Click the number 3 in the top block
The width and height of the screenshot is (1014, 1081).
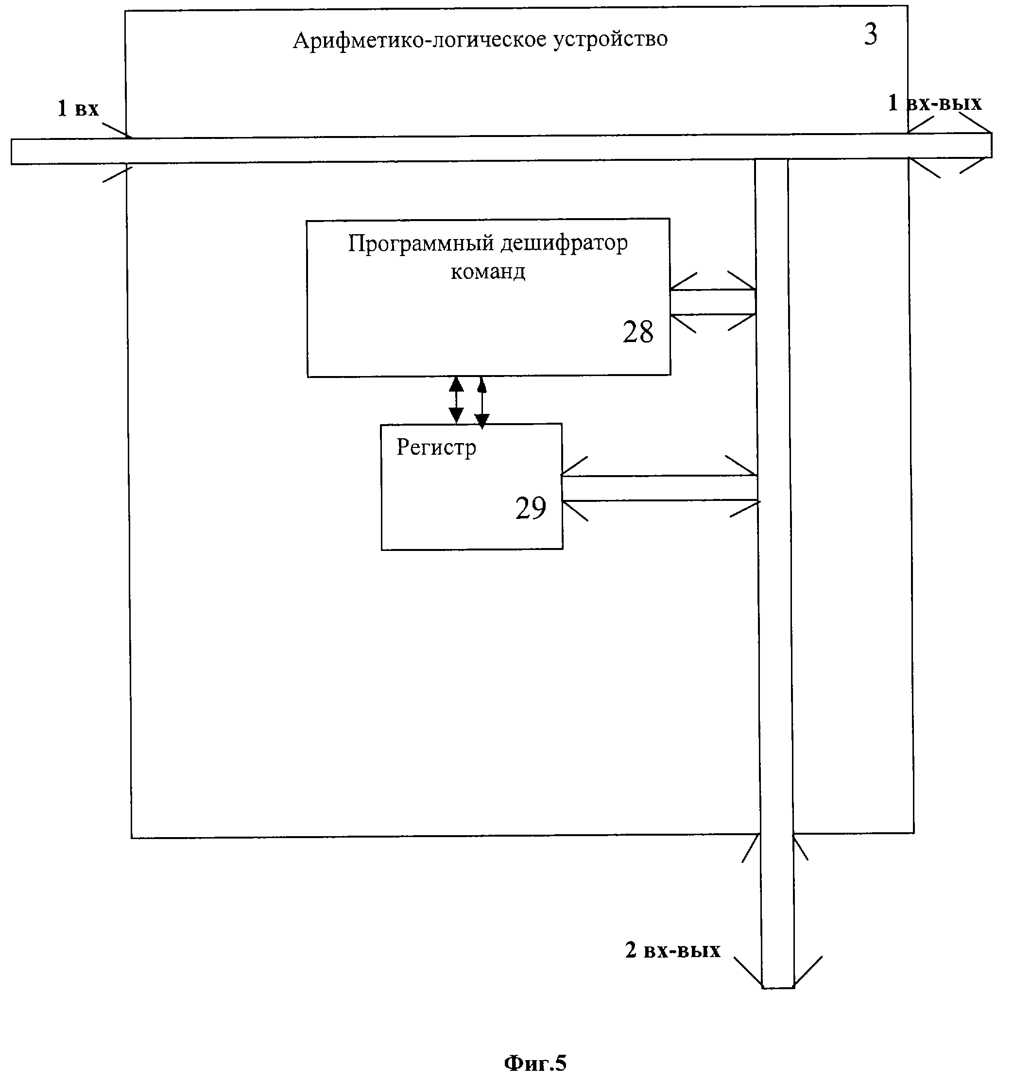click(871, 34)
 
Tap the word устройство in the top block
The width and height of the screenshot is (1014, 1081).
click(611, 40)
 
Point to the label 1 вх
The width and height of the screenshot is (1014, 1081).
click(78, 108)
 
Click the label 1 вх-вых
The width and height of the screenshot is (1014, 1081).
click(935, 103)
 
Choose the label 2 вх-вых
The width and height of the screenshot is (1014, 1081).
click(673, 949)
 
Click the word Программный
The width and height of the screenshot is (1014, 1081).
click(421, 243)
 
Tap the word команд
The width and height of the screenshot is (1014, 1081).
click(488, 271)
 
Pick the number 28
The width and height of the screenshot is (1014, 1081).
click(638, 332)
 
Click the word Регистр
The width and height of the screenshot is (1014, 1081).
click(436, 447)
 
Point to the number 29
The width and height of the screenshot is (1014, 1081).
click(531, 508)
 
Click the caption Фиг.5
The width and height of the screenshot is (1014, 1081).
click(535, 1063)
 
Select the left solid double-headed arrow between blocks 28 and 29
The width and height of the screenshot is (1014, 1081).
click(456, 400)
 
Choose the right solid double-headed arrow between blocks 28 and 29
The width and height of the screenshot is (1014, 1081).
click(481, 402)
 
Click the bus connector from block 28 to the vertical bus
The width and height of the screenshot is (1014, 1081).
click(713, 302)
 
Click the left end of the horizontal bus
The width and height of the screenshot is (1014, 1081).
click(11, 152)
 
